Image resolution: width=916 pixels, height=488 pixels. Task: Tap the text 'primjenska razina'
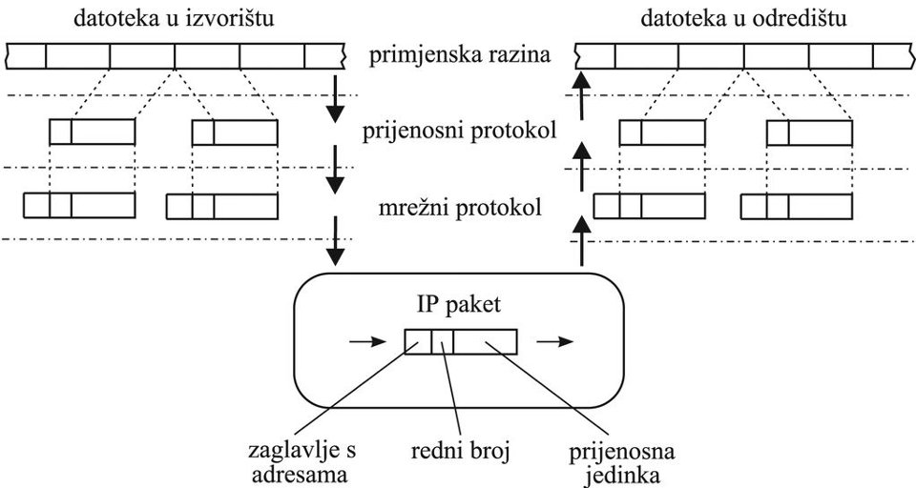tap(461, 55)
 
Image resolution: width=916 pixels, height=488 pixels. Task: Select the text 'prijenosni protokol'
tap(460, 131)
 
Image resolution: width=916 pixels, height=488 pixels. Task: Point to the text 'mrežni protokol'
tap(460, 206)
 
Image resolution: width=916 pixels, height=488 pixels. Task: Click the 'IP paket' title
tap(461, 307)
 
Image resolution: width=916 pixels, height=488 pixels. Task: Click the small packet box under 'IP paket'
tap(461, 341)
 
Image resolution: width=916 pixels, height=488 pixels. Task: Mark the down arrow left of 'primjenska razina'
tap(334, 107)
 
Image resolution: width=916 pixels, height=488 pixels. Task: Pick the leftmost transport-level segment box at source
tap(92, 132)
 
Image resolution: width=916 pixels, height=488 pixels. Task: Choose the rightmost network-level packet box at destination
tap(797, 207)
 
